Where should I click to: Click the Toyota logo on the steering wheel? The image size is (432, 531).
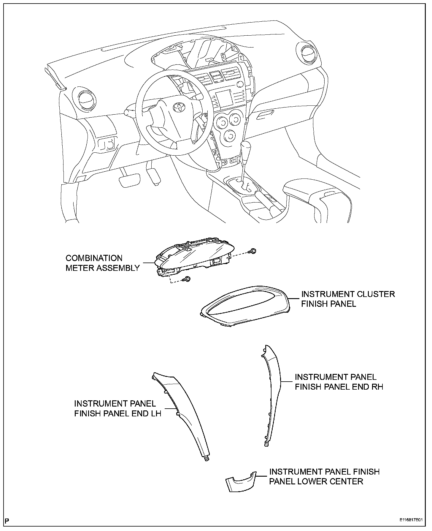[179, 107]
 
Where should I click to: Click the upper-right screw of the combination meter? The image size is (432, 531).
[253, 251]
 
